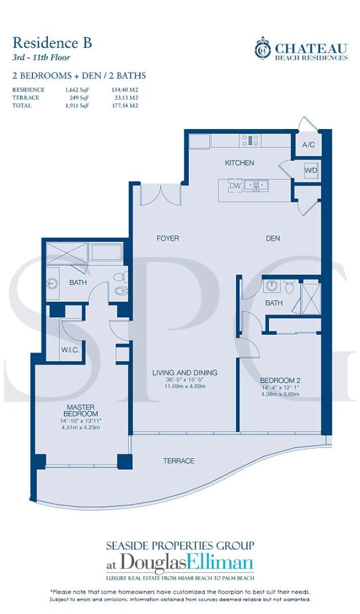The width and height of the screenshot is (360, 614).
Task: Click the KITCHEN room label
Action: pos(239,163)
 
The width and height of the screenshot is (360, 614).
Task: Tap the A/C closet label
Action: pos(308,145)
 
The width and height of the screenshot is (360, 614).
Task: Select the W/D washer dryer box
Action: pos(311,171)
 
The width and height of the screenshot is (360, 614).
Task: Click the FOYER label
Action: pos(168,238)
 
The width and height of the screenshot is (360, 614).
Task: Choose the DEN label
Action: pos(272,238)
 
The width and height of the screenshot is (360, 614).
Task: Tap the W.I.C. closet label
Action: pos(71,350)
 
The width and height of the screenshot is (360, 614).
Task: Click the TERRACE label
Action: pos(178,460)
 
